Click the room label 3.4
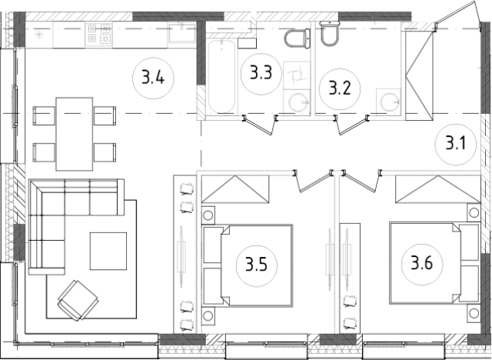(x=153, y=78)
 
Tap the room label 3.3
(x=261, y=73)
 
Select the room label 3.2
(x=340, y=88)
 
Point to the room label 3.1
(x=456, y=144)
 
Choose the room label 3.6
(x=422, y=263)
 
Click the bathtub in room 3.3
(x=221, y=76)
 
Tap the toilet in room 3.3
(x=298, y=38)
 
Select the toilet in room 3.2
(x=329, y=33)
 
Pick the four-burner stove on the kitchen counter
(x=98, y=34)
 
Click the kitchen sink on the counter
(x=182, y=33)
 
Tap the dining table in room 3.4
(x=75, y=134)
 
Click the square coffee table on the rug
(x=108, y=251)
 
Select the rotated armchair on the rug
(x=78, y=300)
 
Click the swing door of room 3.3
(x=259, y=125)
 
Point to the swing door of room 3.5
(x=313, y=181)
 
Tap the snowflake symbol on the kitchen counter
(x=38, y=35)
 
